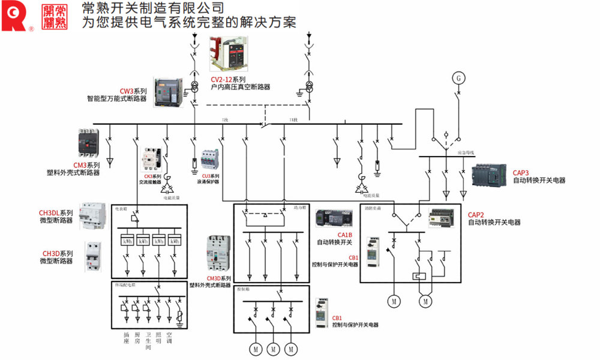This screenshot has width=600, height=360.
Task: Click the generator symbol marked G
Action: (x=458, y=79)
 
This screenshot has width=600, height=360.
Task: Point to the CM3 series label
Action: (x=86, y=165)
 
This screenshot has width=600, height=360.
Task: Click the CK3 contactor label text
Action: (x=152, y=177)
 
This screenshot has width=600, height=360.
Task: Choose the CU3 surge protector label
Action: (x=208, y=176)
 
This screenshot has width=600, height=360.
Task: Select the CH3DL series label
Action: (x=56, y=213)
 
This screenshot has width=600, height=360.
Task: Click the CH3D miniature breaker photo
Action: (x=93, y=257)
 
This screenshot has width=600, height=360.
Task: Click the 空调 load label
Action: (x=170, y=337)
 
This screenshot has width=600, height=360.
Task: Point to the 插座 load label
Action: (x=126, y=337)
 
